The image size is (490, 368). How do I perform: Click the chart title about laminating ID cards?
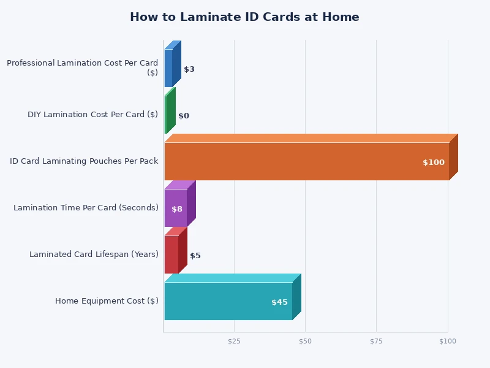coord(244,17)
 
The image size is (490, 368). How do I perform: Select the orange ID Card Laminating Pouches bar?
coord(306,161)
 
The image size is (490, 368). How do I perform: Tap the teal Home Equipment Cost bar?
coord(228,301)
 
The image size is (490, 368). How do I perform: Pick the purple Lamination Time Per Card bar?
coord(176,208)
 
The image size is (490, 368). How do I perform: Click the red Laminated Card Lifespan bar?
coord(171,255)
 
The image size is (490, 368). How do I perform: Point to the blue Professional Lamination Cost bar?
coord(168,68)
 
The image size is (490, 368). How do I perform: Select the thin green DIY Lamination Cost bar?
coord(166,115)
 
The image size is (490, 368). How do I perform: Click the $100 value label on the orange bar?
coord(434,163)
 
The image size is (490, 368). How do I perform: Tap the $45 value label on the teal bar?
coord(279,302)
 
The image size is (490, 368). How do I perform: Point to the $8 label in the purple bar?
coord(177,209)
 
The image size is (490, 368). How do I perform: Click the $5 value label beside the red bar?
coord(195,256)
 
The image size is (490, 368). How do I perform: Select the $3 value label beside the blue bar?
coord(189,69)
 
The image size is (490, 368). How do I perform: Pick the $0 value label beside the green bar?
coord(184,116)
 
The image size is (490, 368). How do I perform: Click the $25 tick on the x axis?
coord(234,341)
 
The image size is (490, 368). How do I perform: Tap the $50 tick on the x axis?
coord(305,341)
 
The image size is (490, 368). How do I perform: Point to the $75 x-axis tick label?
coord(376,341)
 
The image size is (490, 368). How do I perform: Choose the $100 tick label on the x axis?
coord(447,341)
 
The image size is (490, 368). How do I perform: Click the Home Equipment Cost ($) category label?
coord(107,301)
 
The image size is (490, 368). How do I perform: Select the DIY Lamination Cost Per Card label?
coord(92,115)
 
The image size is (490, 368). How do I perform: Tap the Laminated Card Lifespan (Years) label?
coord(94,255)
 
